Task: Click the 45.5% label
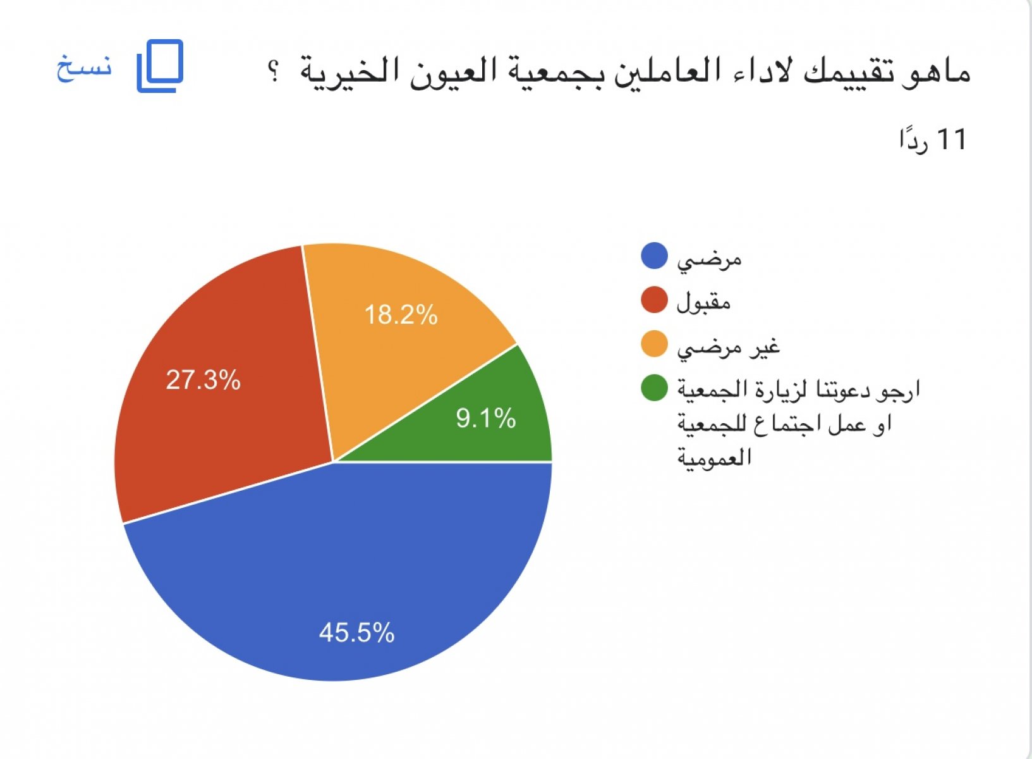click(x=356, y=632)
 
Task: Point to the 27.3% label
click(x=203, y=380)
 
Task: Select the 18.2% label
click(x=401, y=315)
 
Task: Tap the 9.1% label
click(x=486, y=418)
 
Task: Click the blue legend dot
click(x=654, y=256)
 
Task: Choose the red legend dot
click(x=654, y=300)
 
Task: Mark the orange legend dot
click(x=654, y=344)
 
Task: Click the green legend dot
click(x=654, y=388)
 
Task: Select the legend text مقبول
click(x=703, y=302)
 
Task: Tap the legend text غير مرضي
click(x=729, y=347)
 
